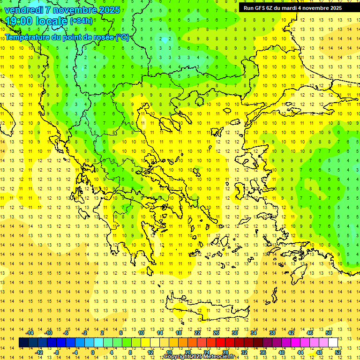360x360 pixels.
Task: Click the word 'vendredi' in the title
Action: click(24, 10)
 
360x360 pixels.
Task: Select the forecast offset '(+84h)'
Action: click(81, 21)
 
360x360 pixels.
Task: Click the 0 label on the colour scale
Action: click(93, 352)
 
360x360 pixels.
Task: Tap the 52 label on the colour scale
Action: click(338, 352)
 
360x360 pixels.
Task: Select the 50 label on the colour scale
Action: click(329, 333)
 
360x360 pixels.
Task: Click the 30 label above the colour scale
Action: click(235, 333)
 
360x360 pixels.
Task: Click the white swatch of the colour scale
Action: click(333, 343)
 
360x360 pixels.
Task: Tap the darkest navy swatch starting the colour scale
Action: click(23, 343)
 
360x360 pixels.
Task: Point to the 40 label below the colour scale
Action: click(282, 352)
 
